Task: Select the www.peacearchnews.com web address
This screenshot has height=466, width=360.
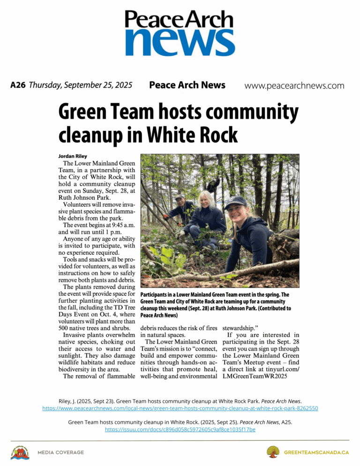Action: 294,86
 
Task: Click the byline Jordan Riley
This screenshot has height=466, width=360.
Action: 73,156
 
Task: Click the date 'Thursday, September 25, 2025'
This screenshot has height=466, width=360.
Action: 80,85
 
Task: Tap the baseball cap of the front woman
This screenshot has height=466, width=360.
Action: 236,202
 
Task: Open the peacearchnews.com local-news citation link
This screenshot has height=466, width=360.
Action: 180,408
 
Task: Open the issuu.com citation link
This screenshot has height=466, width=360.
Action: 180,429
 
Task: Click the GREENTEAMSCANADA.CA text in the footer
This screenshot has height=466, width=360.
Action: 316,452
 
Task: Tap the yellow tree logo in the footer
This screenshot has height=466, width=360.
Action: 273,452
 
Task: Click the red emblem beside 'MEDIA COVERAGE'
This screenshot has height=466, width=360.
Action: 20,453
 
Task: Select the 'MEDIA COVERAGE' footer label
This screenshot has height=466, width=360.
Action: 60,452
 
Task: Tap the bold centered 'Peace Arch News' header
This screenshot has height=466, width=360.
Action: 187,85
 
